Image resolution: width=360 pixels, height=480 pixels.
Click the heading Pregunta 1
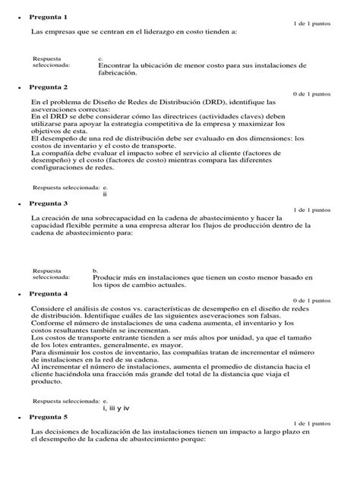[48, 17]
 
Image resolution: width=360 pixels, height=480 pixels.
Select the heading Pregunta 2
[48, 87]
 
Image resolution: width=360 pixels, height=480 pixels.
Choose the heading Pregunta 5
[48, 417]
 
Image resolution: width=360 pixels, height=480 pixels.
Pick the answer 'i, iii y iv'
[116, 407]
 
